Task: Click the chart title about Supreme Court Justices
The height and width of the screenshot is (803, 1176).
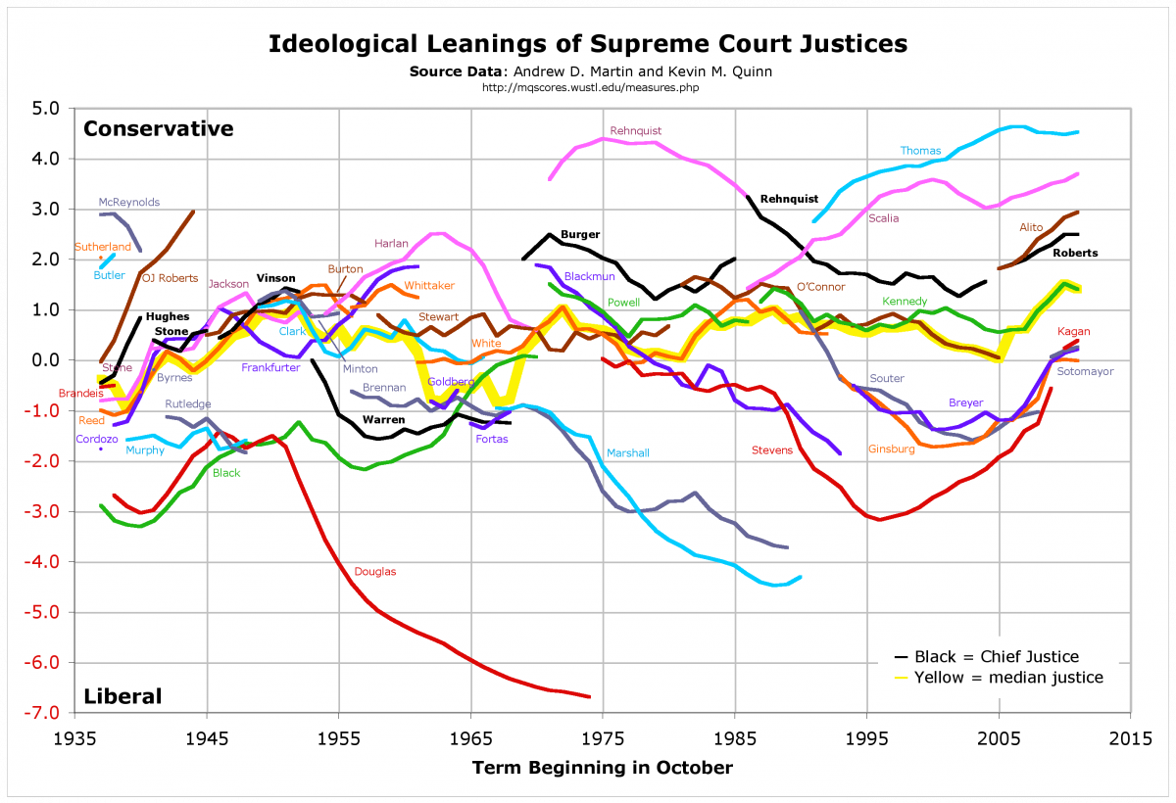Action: [x=588, y=44]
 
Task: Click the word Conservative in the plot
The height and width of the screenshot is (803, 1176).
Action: [x=159, y=128]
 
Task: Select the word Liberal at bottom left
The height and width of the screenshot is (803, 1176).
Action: [x=122, y=696]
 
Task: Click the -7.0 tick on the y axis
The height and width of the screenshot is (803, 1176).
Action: [x=44, y=713]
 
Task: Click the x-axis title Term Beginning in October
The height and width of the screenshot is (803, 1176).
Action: [x=602, y=768]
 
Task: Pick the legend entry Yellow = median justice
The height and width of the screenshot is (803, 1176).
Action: [x=1008, y=677]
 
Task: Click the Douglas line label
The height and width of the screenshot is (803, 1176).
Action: [x=375, y=571]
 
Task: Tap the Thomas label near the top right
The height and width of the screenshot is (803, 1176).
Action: [x=920, y=151]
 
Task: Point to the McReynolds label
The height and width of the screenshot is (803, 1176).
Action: [x=129, y=202]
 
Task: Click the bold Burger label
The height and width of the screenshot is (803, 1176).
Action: [x=580, y=235]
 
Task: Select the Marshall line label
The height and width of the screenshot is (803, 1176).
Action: [x=627, y=453]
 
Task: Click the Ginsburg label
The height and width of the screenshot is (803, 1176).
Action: [x=891, y=449]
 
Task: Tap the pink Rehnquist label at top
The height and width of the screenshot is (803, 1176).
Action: [x=636, y=130]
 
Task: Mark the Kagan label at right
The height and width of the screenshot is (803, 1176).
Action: [x=1074, y=332]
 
